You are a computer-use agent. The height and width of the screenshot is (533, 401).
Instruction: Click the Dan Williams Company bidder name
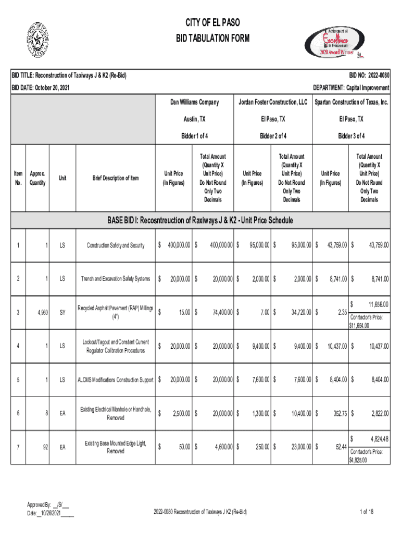[195, 102]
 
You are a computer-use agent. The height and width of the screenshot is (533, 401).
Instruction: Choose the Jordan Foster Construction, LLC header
[273, 102]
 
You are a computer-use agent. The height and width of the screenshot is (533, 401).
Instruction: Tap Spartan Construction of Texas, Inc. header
[351, 102]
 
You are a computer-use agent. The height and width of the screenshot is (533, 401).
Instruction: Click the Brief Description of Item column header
[116, 178]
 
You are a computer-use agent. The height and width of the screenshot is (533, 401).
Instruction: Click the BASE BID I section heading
[200, 221]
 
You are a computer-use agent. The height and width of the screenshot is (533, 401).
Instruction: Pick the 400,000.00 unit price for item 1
[179, 245]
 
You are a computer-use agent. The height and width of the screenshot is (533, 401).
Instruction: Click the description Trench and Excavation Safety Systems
[116, 279]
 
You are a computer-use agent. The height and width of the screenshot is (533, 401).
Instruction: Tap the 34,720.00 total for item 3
[297, 312]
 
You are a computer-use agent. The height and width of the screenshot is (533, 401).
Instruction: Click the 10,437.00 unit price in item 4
[333, 346]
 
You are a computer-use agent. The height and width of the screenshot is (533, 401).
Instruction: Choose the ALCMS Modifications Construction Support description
[116, 379]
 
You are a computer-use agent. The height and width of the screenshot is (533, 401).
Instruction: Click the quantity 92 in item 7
[45, 447]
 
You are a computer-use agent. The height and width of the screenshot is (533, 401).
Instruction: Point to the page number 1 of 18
[367, 512]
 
